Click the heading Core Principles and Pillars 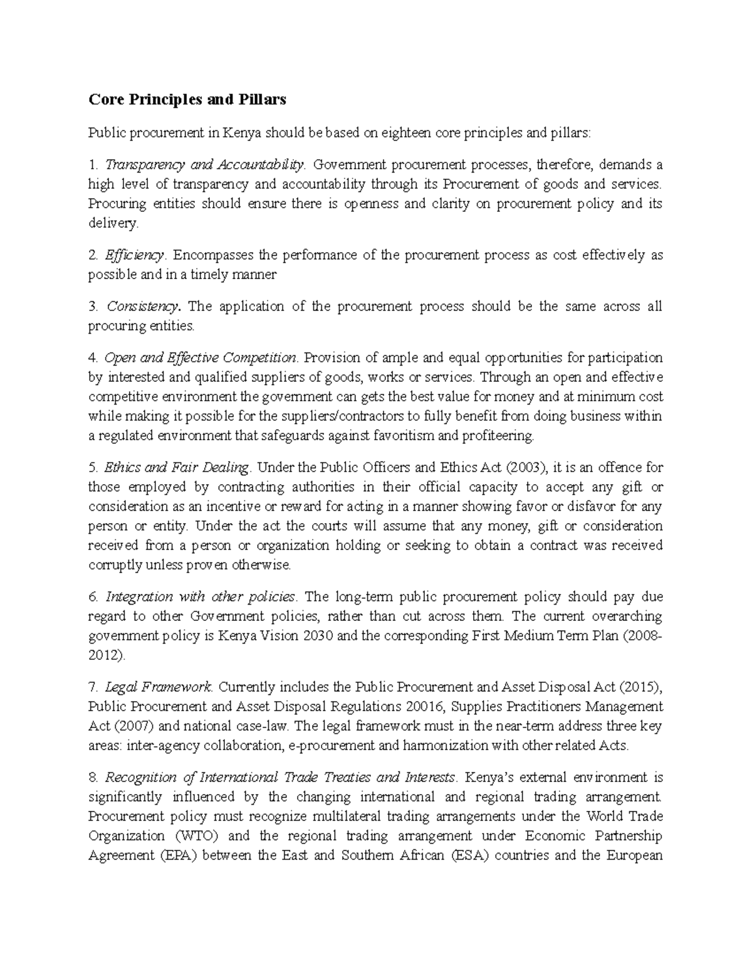[x=187, y=99]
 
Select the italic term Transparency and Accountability [x=204, y=165]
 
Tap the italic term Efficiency [x=135, y=255]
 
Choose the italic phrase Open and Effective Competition [x=200, y=358]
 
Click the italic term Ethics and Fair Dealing [x=177, y=467]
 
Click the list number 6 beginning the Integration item [x=93, y=596]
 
